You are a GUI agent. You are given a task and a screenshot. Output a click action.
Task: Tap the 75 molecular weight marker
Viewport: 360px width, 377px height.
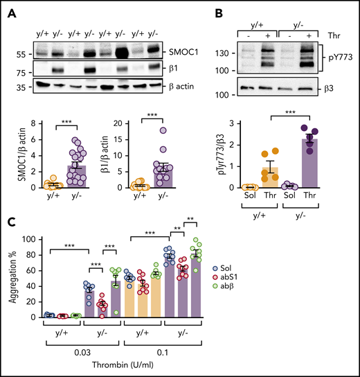[24, 71]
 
